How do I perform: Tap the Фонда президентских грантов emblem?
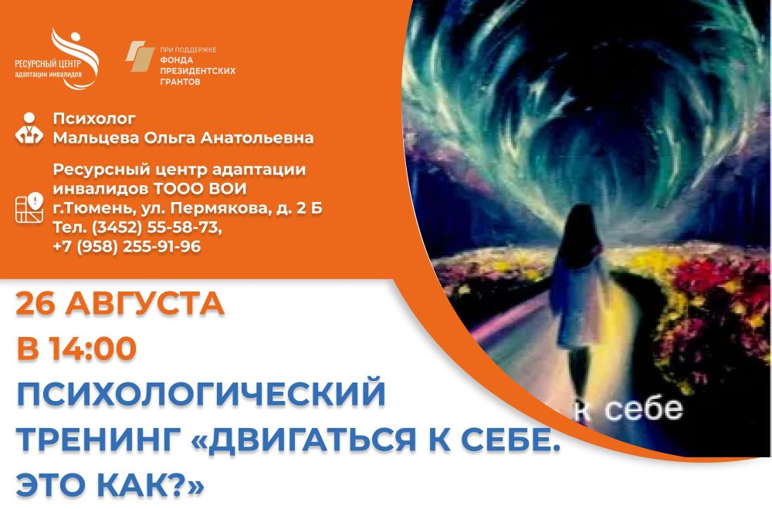point(140,56)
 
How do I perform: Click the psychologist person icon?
point(29,128)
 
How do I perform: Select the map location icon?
point(29,207)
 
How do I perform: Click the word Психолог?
point(94,119)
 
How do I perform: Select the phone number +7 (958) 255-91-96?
point(127,246)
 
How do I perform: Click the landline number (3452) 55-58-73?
point(157,228)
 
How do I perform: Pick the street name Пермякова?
point(220,208)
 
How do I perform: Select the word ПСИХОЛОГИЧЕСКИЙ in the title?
point(201,393)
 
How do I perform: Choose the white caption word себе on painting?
point(644,410)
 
